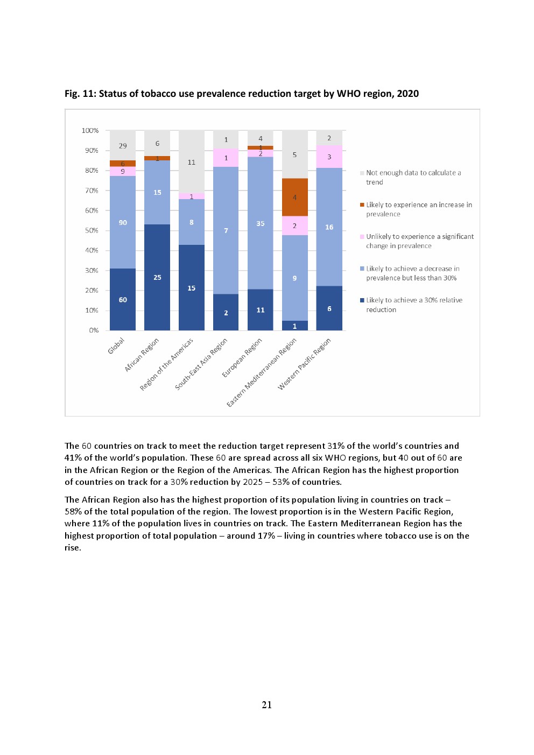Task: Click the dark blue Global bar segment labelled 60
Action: pyautogui.click(x=123, y=299)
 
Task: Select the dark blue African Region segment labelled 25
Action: pyautogui.click(x=157, y=277)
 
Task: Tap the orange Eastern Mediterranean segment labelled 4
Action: pyautogui.click(x=294, y=197)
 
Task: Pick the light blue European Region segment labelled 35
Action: pyautogui.click(x=261, y=223)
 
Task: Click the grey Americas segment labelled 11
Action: pyautogui.click(x=192, y=162)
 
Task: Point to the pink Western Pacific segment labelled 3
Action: pyautogui.click(x=329, y=157)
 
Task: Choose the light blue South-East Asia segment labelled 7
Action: pyautogui.click(x=226, y=230)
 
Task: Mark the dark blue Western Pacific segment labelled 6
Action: pyautogui.click(x=329, y=308)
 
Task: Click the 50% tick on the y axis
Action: pyautogui.click(x=92, y=230)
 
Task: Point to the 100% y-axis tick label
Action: pyautogui.click(x=90, y=131)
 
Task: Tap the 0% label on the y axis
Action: pyautogui.click(x=94, y=330)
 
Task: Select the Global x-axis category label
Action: pyautogui.click(x=116, y=345)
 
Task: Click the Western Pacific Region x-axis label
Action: pyautogui.click(x=304, y=364)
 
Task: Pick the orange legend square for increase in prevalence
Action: pyautogui.click(x=362, y=205)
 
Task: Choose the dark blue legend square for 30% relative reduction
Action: pyautogui.click(x=362, y=300)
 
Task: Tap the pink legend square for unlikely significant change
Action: pyautogui.click(x=362, y=237)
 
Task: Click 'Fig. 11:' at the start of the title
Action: pyautogui.click(x=80, y=94)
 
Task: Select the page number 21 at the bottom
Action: pyautogui.click(x=266, y=705)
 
